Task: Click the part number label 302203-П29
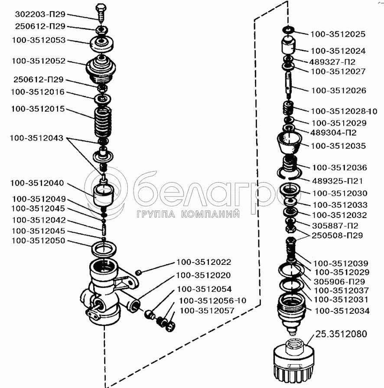point(40,14)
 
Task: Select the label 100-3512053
point(39,40)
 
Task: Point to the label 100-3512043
point(36,138)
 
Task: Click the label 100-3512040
point(37,183)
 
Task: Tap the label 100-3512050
point(38,241)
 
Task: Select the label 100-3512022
point(204,262)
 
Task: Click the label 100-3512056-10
point(212,301)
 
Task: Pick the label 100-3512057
point(207,310)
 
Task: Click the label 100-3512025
point(338,34)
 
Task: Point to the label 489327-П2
point(332,62)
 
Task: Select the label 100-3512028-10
point(344,111)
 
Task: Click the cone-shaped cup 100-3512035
point(289,143)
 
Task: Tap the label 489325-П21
point(337,181)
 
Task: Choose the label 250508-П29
point(337,235)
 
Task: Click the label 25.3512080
point(341,334)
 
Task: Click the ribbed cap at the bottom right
point(294,362)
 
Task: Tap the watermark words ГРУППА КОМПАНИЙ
point(188,214)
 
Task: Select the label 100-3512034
point(342,310)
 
